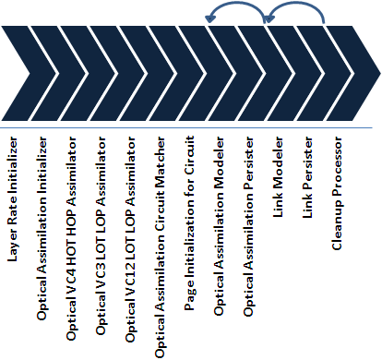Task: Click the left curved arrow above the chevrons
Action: [x=238, y=11]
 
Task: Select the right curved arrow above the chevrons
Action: [x=295, y=11]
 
